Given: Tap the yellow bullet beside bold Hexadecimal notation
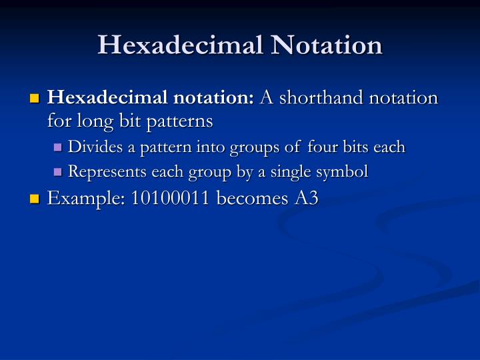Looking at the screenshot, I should point(35,99).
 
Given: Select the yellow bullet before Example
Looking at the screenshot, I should point(35,199).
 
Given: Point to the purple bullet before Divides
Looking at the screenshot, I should point(58,147).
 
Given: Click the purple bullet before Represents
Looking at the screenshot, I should point(58,172).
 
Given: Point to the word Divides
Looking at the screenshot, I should point(91,147).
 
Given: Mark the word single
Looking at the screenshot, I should point(290,171).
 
